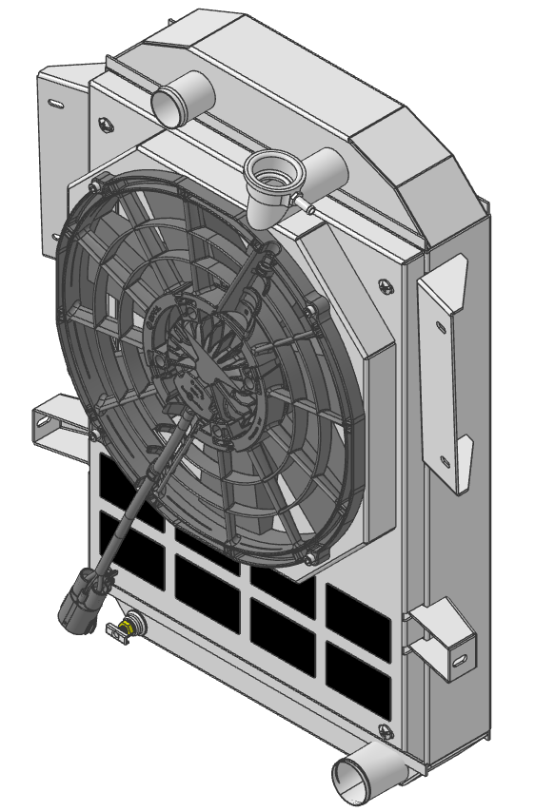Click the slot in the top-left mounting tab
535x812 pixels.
[55, 102]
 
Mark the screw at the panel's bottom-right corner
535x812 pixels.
[385, 731]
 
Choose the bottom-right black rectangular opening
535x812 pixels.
[358, 680]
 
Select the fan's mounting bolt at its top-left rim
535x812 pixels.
[92, 188]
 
